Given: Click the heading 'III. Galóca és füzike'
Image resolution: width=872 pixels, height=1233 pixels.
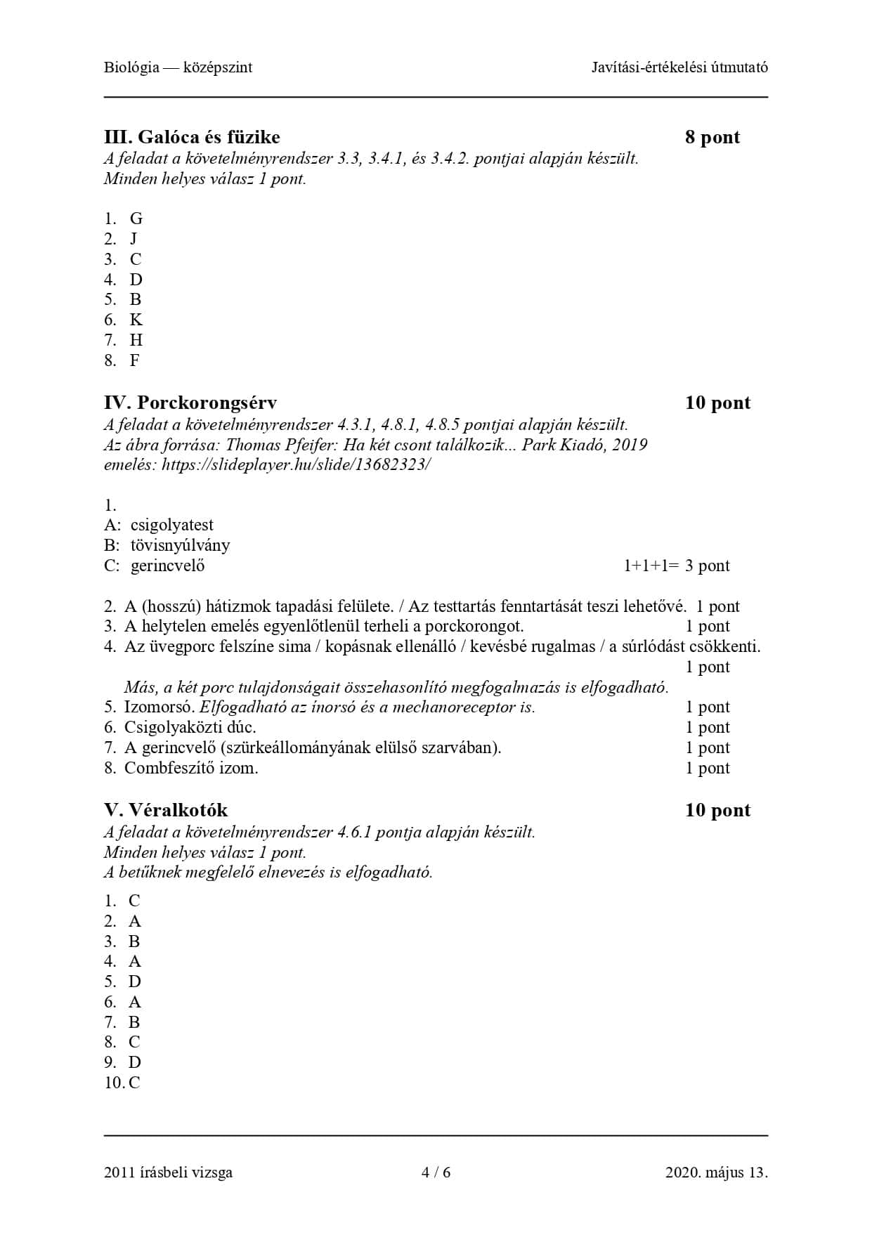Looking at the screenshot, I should tap(192, 137).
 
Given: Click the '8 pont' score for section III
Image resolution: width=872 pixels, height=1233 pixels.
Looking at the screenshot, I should tap(712, 137).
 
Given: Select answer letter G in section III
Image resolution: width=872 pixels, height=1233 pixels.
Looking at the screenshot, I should tap(136, 218).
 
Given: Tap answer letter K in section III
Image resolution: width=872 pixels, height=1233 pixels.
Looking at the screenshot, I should tap(136, 320).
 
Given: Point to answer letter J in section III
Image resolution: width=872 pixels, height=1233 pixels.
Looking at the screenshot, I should tap(134, 239).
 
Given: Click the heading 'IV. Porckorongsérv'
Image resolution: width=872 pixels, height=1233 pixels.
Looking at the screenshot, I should tap(190, 403).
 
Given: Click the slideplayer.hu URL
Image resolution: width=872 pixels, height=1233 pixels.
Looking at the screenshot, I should tap(296, 464).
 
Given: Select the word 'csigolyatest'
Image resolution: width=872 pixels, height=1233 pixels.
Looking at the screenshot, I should tap(171, 525).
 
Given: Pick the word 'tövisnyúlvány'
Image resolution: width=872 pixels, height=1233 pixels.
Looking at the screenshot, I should tap(180, 545).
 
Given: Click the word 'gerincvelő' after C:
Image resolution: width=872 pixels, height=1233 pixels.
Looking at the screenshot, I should tap(167, 566).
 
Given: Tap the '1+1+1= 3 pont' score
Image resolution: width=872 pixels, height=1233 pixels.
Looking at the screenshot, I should tap(676, 566).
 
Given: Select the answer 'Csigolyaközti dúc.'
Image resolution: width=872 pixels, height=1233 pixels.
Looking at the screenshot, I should tap(190, 727).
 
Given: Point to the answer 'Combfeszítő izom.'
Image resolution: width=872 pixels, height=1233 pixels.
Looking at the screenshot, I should tap(190, 768).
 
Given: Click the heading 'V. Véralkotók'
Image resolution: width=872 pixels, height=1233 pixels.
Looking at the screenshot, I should tap(166, 810).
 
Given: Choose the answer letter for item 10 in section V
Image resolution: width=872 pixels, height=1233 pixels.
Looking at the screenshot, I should tap(134, 1083).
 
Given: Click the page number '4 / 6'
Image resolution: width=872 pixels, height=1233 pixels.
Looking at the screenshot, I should tap(436, 1172).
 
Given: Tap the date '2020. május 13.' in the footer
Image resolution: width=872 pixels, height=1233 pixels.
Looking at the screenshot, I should tap(716, 1172).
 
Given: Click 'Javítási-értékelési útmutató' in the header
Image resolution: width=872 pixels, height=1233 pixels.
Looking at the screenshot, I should tap(679, 67).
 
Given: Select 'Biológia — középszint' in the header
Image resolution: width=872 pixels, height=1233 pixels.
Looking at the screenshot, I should tap(178, 67).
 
